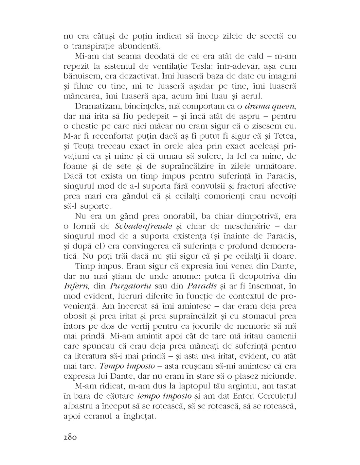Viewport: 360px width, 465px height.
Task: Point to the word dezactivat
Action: point(124,76)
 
